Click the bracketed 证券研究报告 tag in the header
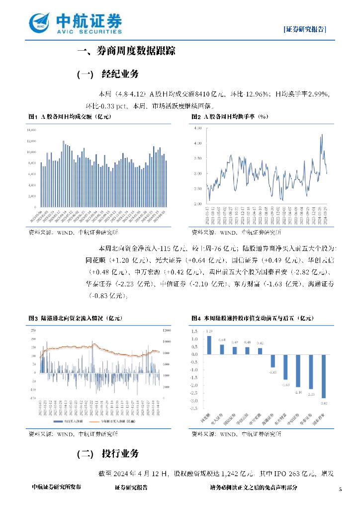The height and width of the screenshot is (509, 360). coord(305,29)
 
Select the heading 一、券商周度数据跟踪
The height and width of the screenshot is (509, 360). coord(127,51)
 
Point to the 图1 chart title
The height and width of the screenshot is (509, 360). coord(69,116)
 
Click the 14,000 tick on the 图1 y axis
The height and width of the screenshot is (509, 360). coord(31,129)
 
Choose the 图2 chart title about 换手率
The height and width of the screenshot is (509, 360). coord(230,116)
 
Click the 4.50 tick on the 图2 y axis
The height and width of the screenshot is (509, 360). coord(198,128)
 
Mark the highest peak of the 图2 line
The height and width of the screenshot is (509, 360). coord(322,134)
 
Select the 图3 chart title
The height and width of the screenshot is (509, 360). coord(75,318)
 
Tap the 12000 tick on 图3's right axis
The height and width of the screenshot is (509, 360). coord(168,331)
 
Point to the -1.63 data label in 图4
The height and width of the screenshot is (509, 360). coord(285,385)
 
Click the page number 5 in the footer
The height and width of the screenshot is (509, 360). coord(340,490)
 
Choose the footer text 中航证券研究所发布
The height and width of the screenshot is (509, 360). coord(56,488)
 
